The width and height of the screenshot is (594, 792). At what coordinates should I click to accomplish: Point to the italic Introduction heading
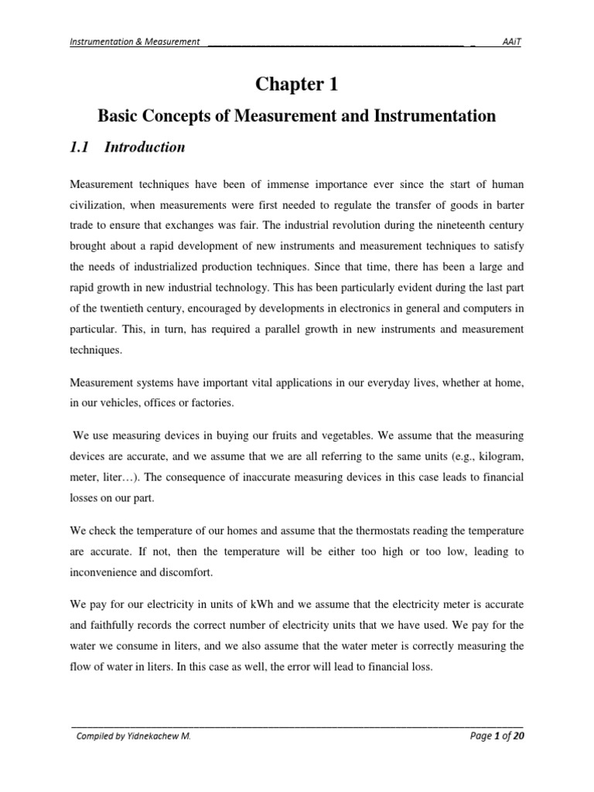[x=147, y=147]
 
